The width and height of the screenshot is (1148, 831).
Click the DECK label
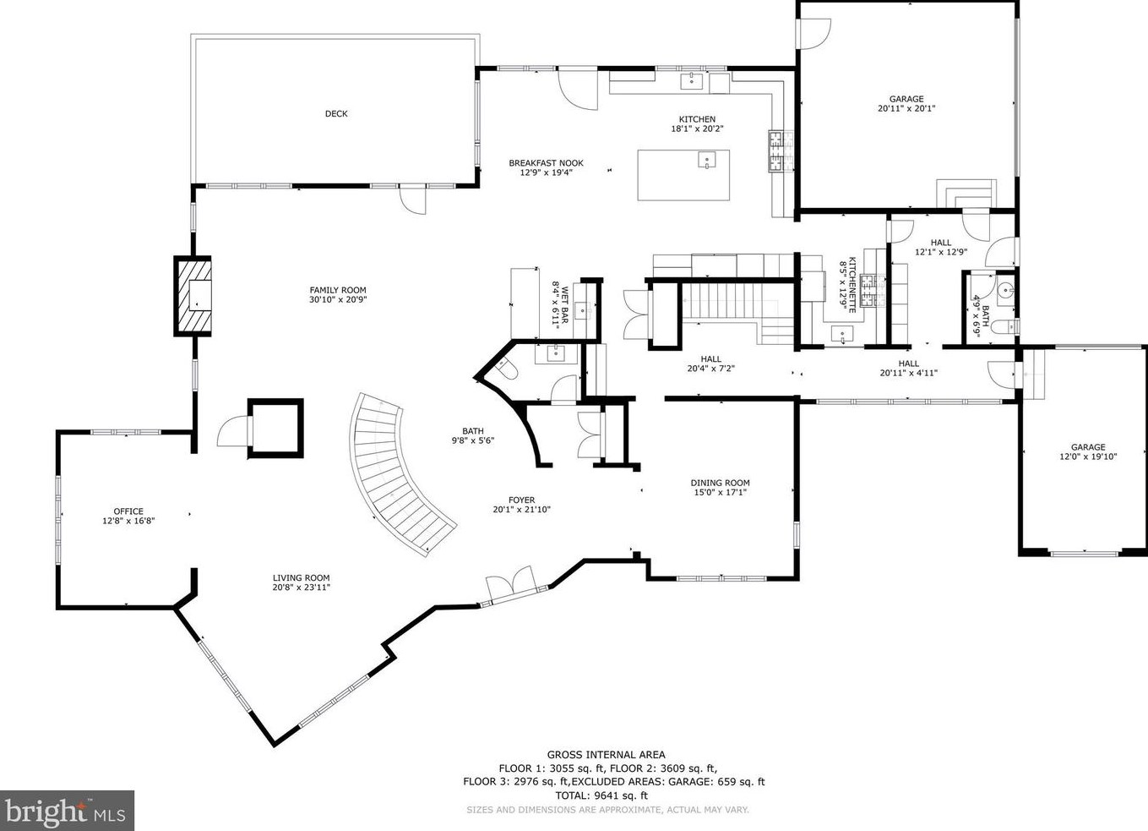(x=336, y=114)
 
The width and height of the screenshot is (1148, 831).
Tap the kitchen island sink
(x=706, y=160)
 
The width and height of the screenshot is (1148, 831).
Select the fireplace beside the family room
(x=193, y=296)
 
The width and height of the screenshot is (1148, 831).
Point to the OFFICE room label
(x=128, y=511)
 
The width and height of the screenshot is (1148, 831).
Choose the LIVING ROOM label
(x=301, y=578)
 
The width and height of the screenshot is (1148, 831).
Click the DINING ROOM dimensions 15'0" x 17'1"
(x=720, y=493)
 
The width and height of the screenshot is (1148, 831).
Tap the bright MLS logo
(x=67, y=811)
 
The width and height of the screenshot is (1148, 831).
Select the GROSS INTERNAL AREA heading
(x=606, y=755)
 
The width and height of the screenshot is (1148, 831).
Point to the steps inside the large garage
(x=964, y=193)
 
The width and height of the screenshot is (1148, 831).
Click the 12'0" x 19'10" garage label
(x=1088, y=457)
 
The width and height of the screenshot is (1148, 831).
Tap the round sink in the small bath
(x=1004, y=291)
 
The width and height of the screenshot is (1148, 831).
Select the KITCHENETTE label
(x=852, y=285)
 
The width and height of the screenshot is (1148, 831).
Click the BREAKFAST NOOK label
(x=546, y=163)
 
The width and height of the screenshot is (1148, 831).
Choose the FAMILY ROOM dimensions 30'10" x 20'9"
(x=338, y=299)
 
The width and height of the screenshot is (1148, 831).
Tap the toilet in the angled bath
(x=508, y=369)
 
